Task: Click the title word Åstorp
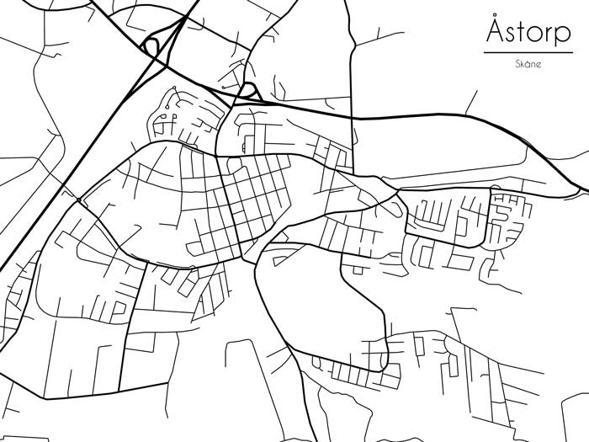tap(528, 33)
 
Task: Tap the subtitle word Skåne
tap(528, 64)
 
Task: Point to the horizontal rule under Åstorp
tap(528, 53)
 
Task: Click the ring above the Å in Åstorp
tap(496, 16)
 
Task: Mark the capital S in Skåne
tap(517, 64)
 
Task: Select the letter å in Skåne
tap(528, 64)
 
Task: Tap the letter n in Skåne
tap(534, 65)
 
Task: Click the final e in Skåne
tap(540, 65)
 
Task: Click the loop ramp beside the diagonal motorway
tap(152, 45)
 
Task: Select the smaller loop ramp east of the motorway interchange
tap(248, 90)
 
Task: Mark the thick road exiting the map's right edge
tap(564, 173)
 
